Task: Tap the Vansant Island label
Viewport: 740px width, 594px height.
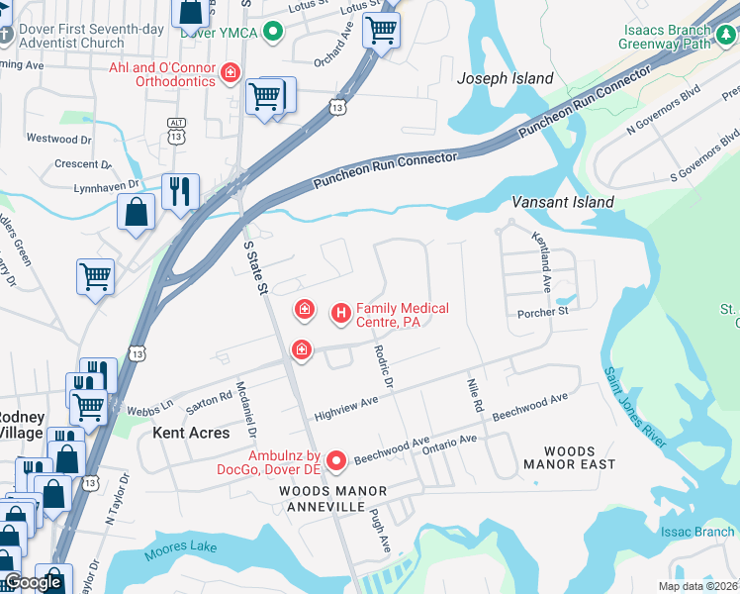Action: point(563,202)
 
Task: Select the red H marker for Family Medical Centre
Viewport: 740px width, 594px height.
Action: point(340,314)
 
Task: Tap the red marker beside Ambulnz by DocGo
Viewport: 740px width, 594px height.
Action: point(336,459)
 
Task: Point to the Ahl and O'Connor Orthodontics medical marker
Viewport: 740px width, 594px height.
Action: point(231,72)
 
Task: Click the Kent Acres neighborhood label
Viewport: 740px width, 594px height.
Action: point(191,433)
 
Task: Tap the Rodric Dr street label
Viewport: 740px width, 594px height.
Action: point(384,367)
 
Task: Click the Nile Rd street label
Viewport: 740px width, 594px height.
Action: point(474,393)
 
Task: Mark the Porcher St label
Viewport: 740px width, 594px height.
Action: point(543,313)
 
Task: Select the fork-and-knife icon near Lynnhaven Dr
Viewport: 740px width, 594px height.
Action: point(180,191)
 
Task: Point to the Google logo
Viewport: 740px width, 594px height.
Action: point(34,582)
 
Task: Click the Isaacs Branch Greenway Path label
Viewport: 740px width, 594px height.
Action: point(665,37)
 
